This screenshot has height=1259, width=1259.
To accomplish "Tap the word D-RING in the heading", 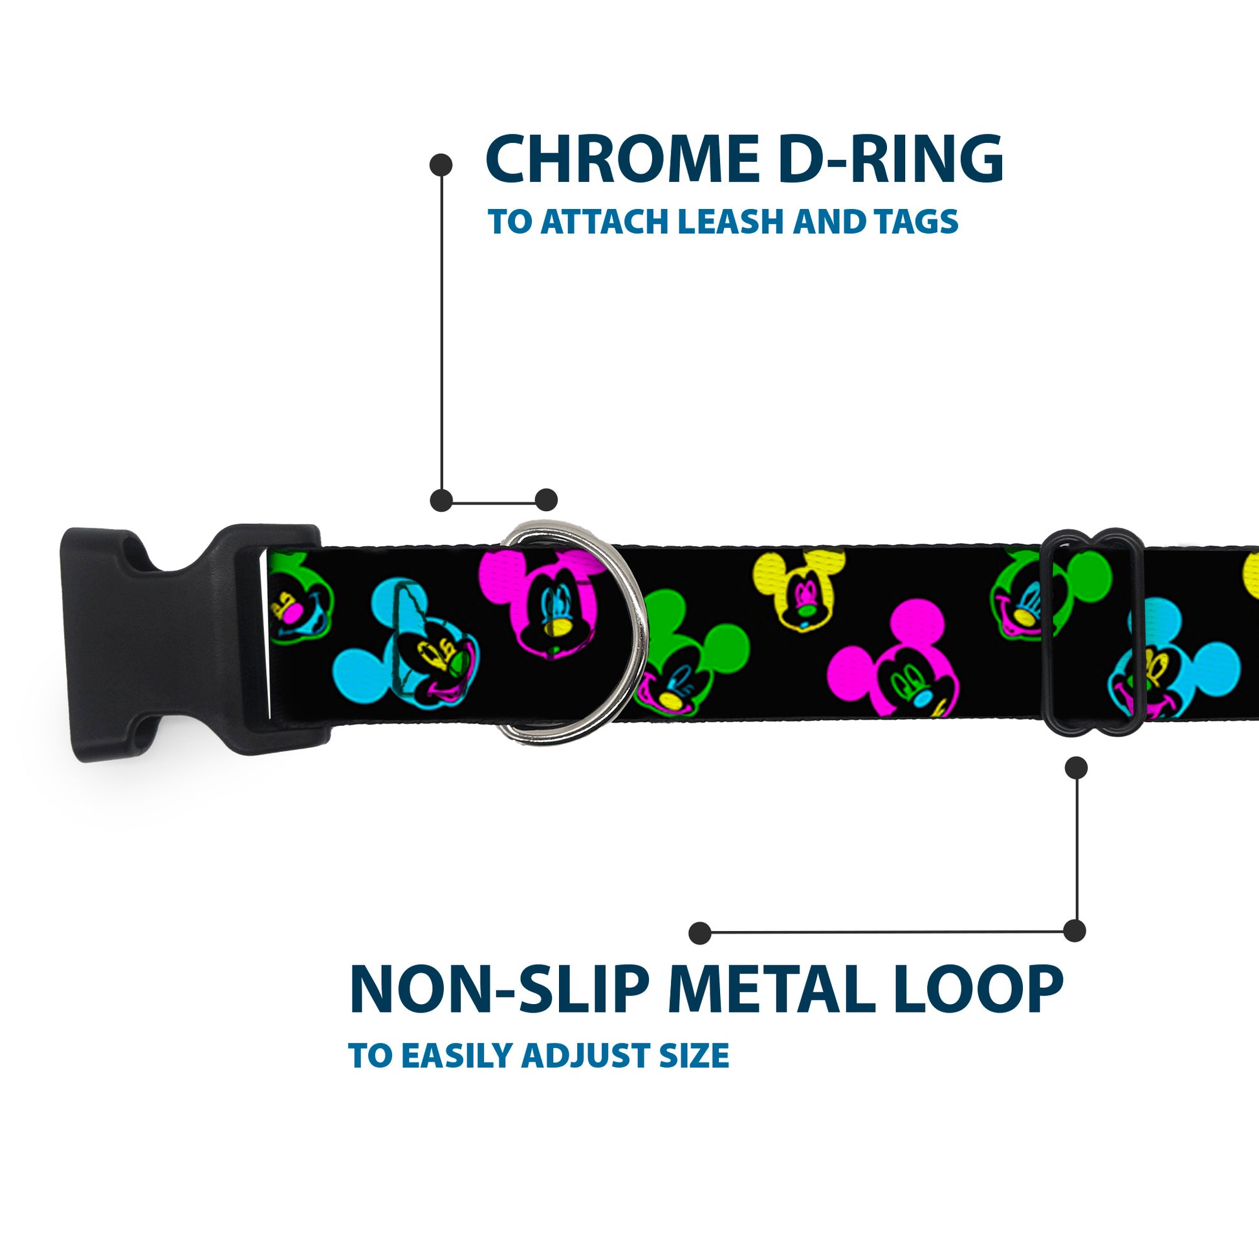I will (x=889, y=160).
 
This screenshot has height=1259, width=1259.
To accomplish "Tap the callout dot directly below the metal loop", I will (x=1076, y=769).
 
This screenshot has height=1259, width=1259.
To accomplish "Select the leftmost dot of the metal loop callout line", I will (x=699, y=933).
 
